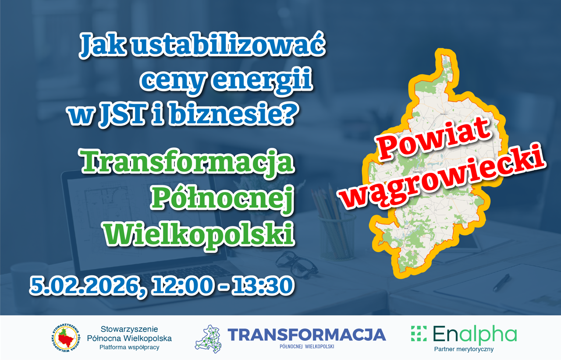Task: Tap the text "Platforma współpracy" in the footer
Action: point(129,347)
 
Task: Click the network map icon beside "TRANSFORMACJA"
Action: point(208,339)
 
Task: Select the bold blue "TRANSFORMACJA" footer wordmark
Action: point(306,335)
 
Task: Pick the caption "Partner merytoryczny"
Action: point(464,349)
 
